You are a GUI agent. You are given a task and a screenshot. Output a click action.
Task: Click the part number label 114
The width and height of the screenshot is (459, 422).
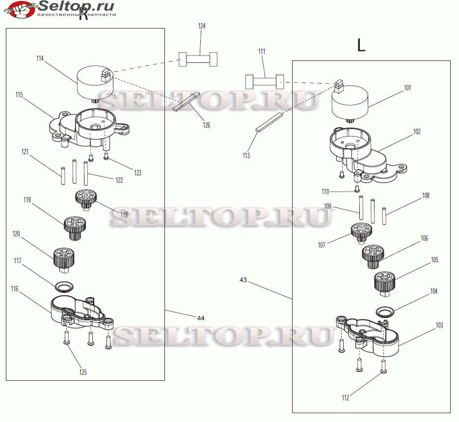40,58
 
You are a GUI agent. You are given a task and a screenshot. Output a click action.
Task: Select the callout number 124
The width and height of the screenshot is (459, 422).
202,26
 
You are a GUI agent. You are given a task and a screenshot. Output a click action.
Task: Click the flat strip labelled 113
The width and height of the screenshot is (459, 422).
270,122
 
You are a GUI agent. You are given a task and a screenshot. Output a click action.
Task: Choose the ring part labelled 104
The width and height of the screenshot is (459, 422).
385,311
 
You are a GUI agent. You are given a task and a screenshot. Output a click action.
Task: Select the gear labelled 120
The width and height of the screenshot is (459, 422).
63,258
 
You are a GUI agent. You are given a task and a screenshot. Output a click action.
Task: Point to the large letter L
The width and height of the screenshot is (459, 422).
361,46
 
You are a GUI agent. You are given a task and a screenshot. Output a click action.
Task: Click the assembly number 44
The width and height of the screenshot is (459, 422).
201,318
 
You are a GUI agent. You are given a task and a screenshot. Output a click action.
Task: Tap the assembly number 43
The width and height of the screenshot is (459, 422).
243,280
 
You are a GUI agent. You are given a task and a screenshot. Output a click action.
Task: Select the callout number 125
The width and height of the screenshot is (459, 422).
83,372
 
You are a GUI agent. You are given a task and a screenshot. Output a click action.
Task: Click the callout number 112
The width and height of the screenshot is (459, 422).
346,398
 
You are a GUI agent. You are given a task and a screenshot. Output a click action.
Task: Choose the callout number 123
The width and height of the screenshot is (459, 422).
138,172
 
